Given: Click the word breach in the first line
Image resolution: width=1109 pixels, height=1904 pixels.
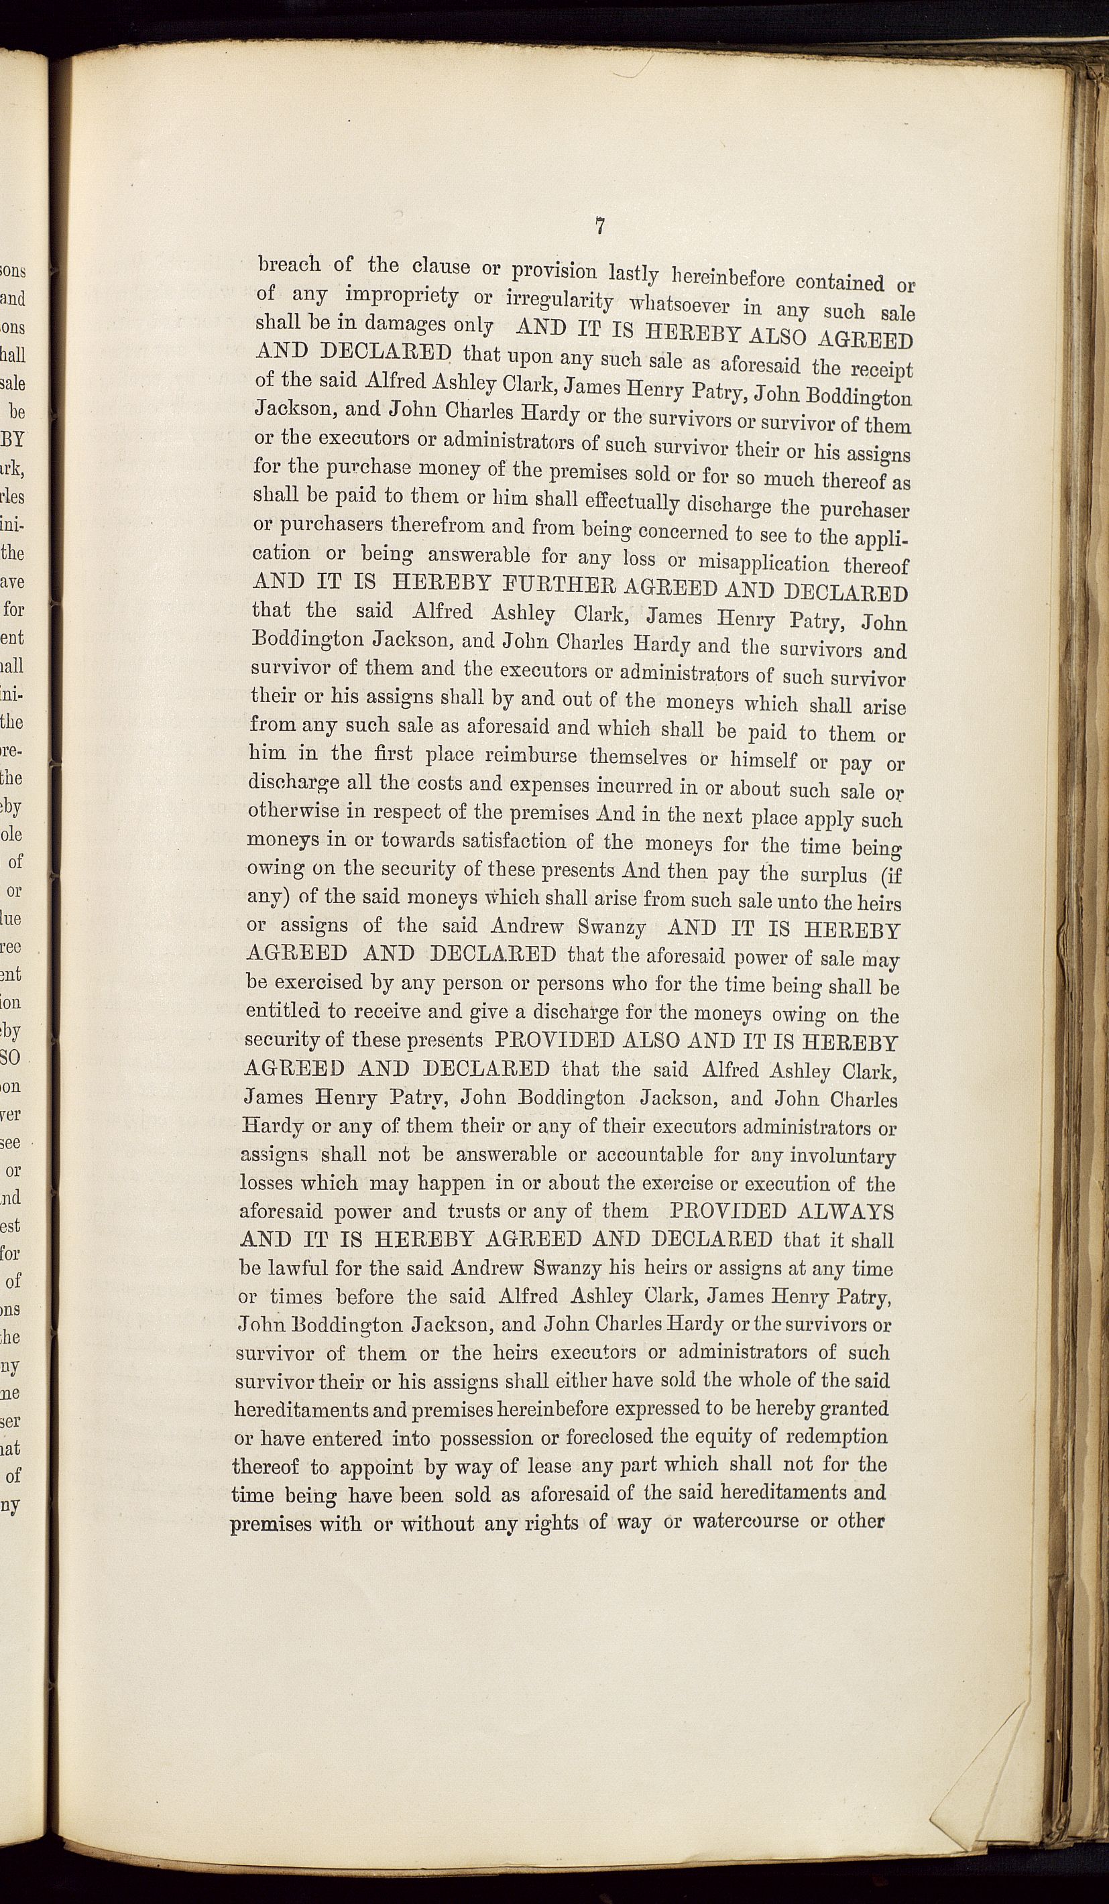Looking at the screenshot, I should (290, 264).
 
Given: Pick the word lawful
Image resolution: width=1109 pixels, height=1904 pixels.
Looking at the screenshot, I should (298, 1268).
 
